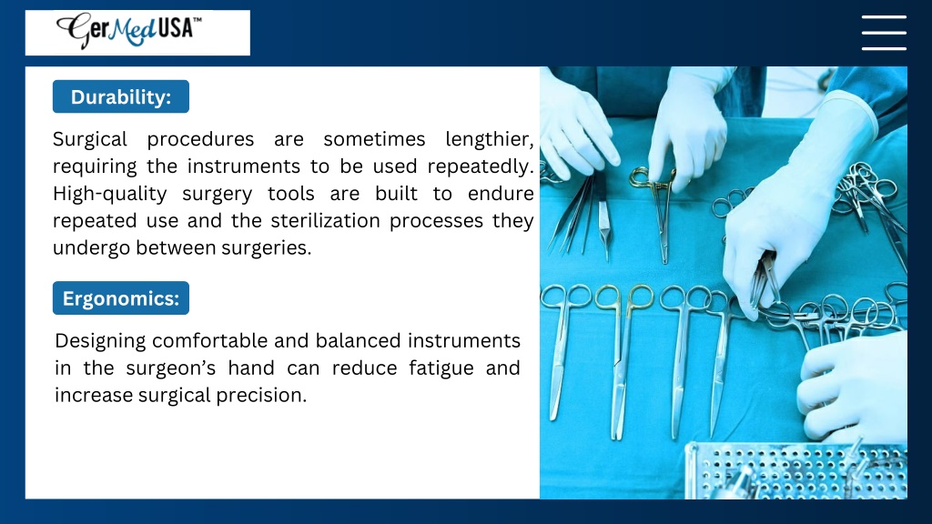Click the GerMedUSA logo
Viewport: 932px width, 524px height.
[129, 30]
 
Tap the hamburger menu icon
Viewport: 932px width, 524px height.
[884, 33]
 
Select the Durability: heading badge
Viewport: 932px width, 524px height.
[121, 96]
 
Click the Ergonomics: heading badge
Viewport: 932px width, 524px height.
[121, 298]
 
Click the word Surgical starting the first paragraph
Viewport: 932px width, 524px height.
[90, 139]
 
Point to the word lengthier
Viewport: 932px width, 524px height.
[489, 139]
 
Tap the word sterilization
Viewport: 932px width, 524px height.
[325, 221]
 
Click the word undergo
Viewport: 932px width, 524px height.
[92, 248]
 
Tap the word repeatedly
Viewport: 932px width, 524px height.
[481, 167]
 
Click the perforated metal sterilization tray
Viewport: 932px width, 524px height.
[797, 471]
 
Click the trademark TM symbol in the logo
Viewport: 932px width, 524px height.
[198, 20]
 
